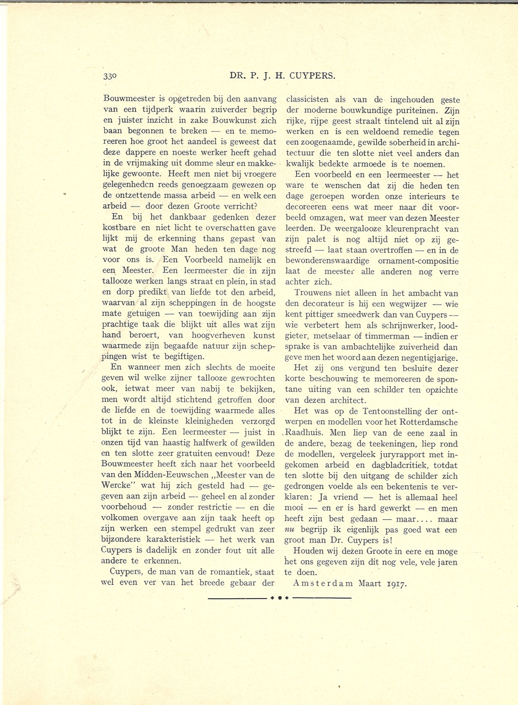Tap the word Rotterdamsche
(429, 421)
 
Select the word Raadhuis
(305, 432)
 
